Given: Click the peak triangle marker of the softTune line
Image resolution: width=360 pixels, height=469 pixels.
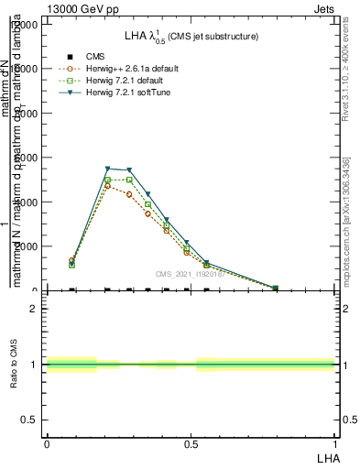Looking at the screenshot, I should pyautogui.click(x=108, y=169).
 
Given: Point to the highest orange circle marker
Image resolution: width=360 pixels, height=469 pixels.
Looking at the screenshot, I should pyautogui.click(x=108, y=186).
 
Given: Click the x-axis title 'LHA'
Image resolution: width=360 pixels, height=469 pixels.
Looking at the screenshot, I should pyautogui.click(x=325, y=456).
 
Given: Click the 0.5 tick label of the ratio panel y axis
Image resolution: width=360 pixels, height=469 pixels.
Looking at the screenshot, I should pyautogui.click(x=31, y=420).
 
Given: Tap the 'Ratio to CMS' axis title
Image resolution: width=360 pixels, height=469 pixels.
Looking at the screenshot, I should pyautogui.click(x=15, y=365).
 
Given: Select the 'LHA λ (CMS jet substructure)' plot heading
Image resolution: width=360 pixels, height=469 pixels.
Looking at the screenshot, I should pyautogui.click(x=191, y=36).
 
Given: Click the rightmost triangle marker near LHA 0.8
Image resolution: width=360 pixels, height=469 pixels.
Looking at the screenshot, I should pyautogui.click(x=276, y=288).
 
